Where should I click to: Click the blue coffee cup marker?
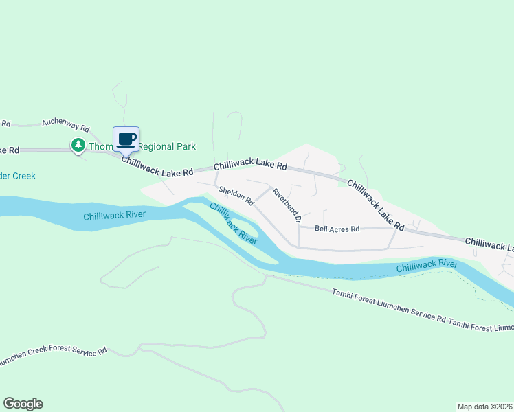click(x=126, y=139)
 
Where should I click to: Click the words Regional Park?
click(x=168, y=146)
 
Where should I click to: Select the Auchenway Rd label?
click(x=66, y=124)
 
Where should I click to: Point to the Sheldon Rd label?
click(x=236, y=196)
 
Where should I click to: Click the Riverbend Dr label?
click(x=287, y=205)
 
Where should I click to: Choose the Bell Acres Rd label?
click(x=337, y=229)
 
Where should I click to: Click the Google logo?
click(x=23, y=404)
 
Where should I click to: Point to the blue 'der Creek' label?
click(x=18, y=176)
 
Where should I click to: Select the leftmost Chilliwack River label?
click(x=114, y=216)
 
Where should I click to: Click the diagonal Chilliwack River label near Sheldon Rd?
click(x=234, y=224)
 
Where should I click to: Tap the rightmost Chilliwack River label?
click(x=427, y=264)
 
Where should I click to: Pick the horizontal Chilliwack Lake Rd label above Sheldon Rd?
click(x=250, y=166)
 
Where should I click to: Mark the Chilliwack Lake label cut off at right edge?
click(x=489, y=244)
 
